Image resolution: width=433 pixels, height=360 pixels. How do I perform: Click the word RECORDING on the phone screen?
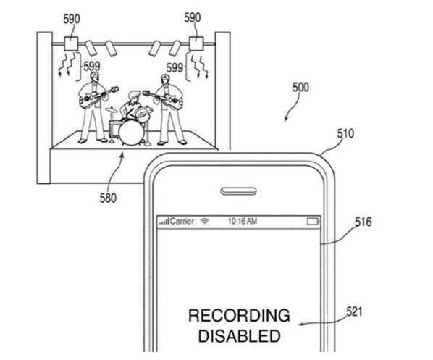tap(239, 315)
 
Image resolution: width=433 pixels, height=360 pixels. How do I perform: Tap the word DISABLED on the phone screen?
tap(240, 336)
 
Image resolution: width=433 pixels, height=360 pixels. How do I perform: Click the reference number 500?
tap(300, 88)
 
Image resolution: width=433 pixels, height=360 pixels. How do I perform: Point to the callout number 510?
tap(345, 133)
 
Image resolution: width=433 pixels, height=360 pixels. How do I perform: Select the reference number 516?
tap(363, 222)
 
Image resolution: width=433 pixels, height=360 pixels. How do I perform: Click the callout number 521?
tap(354, 311)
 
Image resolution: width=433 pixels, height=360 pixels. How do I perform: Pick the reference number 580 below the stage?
tap(108, 198)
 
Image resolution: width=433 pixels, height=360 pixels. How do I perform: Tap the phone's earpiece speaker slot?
tap(238, 191)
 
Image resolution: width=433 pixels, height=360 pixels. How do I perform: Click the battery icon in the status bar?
tap(313, 222)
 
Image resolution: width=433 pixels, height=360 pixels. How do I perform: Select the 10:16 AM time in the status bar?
tap(243, 222)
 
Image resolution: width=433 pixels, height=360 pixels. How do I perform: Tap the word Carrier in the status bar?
tap(182, 222)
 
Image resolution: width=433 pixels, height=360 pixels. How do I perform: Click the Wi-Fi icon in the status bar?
tap(205, 221)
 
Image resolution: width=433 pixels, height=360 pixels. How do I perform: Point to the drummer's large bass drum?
tap(131, 133)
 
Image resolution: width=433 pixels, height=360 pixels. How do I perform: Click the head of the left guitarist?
tap(94, 77)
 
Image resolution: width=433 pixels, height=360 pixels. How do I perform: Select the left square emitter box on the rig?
tap(71, 43)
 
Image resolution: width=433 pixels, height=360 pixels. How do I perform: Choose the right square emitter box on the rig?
tap(196, 43)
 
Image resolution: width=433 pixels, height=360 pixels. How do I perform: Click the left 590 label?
tap(72, 19)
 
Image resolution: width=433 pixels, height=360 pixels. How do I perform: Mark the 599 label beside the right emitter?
tap(175, 67)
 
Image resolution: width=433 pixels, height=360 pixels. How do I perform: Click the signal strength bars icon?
tap(164, 222)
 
